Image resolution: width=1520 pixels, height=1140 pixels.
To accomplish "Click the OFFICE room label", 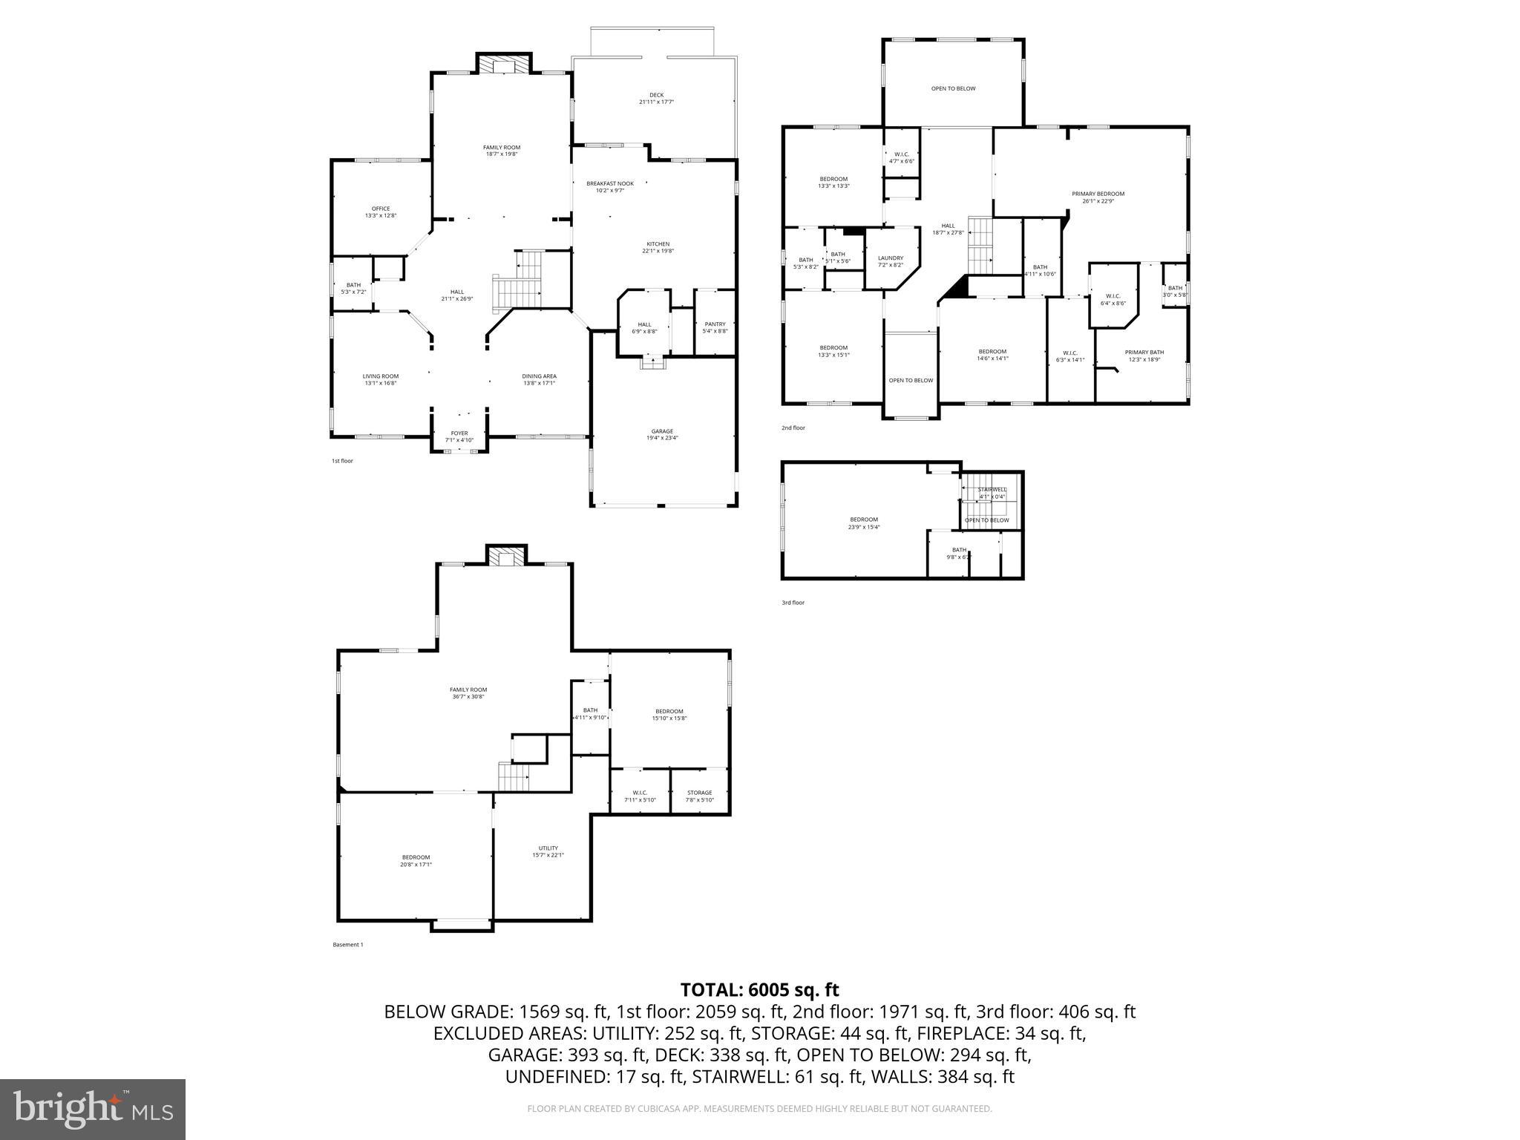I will click(381, 209).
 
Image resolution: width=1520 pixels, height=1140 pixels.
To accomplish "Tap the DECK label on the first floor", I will click(656, 95).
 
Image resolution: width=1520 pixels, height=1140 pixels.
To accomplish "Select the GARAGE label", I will click(662, 431).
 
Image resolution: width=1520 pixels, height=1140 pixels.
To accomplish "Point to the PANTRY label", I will click(715, 324).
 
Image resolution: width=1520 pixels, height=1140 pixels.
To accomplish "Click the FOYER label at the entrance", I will click(459, 433).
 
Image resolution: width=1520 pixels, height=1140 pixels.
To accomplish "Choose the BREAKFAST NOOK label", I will click(610, 183).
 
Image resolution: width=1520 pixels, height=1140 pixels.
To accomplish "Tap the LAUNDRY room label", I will click(890, 258).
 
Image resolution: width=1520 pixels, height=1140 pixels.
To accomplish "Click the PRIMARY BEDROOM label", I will click(1098, 194).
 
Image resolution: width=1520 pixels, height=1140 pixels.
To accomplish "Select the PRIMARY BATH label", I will click(1144, 353).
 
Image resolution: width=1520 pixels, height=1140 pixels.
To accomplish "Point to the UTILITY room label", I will click(548, 848).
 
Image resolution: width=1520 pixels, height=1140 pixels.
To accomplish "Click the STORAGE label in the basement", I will click(699, 793).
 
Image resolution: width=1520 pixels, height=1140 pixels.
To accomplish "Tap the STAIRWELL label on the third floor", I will click(992, 490).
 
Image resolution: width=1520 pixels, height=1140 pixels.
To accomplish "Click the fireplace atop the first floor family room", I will click(504, 65).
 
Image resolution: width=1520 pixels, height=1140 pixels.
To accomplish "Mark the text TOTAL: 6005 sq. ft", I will click(759, 989).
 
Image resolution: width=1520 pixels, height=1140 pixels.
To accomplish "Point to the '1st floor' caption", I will click(342, 461).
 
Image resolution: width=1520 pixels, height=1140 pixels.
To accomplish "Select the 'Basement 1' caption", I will click(347, 945).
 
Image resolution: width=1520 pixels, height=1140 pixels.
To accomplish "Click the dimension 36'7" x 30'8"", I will click(468, 696).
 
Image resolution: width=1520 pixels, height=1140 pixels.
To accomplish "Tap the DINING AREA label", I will click(539, 376).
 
